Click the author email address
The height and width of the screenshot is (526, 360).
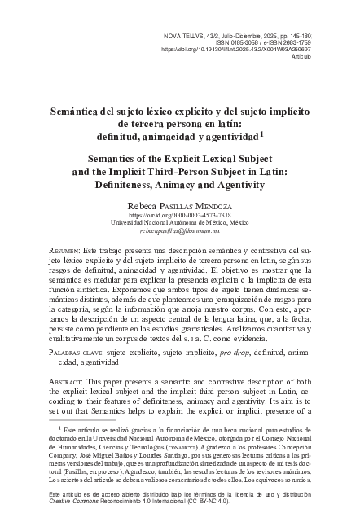click(x=179, y=232)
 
